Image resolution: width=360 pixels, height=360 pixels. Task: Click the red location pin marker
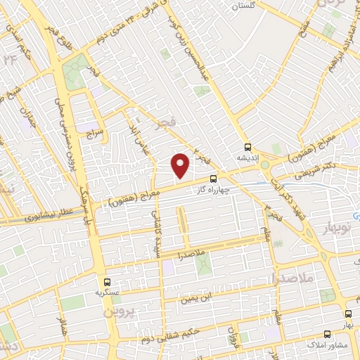tap(181, 165)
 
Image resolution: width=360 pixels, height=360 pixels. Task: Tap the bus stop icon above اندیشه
tap(247, 148)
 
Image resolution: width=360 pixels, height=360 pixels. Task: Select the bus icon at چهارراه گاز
tap(214, 179)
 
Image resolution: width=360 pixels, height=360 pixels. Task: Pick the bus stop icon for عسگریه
tap(107, 281)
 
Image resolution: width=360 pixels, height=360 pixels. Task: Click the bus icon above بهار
tap(348, 314)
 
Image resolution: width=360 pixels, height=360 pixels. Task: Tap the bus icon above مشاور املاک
tap(326, 335)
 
